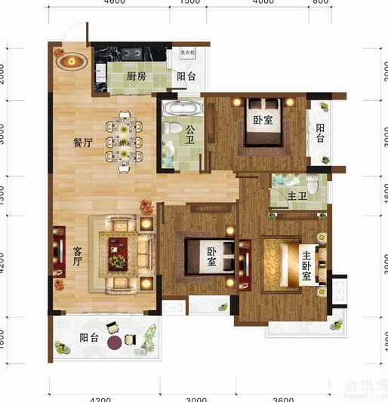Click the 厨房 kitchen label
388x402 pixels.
click(x=136, y=76)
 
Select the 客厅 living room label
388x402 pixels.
click(x=77, y=256)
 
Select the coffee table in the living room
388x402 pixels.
click(x=118, y=252)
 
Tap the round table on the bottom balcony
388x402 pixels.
click(x=114, y=342)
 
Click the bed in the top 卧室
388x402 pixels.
click(x=263, y=123)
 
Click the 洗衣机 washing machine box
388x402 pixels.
click(x=188, y=53)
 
